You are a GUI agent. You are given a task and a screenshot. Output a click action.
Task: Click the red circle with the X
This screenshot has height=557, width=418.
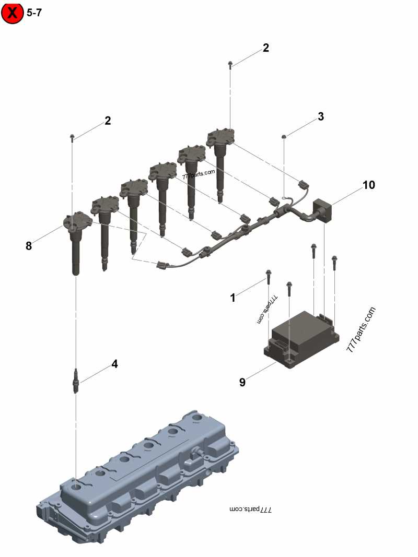tap(13, 13)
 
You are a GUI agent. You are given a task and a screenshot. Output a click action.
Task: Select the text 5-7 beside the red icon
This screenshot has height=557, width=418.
tap(33, 13)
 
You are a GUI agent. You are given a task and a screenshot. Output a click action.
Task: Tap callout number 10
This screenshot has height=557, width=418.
tap(369, 185)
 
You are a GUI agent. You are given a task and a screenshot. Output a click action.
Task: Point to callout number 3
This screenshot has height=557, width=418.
tap(321, 116)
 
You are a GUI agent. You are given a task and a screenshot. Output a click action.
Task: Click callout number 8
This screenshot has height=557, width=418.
tap(29, 245)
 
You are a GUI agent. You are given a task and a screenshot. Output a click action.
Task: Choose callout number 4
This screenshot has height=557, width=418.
tap(114, 364)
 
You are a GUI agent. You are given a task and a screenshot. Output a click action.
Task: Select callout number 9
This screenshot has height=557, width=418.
tap(242, 382)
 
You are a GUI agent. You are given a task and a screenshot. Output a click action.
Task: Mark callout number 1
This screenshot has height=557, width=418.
tap(233, 298)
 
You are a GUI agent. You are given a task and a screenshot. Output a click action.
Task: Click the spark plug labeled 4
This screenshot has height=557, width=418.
tap(76, 381)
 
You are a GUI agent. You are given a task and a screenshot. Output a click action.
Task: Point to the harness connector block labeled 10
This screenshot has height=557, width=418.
tap(323, 210)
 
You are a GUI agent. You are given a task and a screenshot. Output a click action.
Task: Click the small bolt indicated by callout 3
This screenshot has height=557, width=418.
tap(284, 137)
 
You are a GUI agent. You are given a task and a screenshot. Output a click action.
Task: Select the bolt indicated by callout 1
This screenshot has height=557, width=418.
tap(268, 277)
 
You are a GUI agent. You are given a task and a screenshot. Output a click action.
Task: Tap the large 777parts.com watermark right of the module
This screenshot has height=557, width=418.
tap(361, 330)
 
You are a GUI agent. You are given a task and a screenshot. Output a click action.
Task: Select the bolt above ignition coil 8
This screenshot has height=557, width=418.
tap(72, 138)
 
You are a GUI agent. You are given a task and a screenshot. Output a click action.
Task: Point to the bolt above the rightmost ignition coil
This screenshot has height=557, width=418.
tap(230, 65)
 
